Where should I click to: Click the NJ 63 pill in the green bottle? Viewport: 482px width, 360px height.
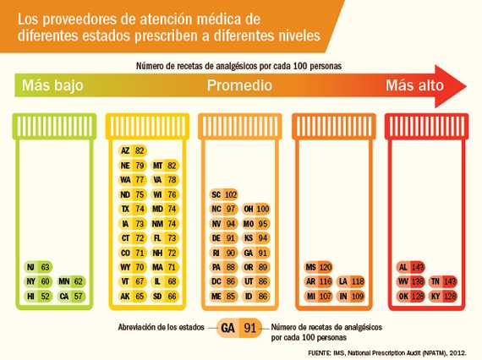pyautogui.click(x=39, y=267)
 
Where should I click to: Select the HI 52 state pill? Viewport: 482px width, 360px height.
pyautogui.click(x=39, y=297)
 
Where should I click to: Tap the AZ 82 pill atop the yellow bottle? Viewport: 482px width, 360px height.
pyautogui.click(x=133, y=150)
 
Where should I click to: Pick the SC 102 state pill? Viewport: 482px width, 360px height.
pyautogui.click(x=224, y=194)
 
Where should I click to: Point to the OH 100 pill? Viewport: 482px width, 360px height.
pyautogui.click(x=256, y=209)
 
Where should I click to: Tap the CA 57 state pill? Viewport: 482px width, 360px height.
pyautogui.click(x=71, y=297)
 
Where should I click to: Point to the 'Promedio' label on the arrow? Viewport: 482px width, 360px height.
pyautogui.click(x=239, y=85)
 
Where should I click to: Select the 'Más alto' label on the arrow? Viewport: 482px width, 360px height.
pyautogui.click(x=414, y=85)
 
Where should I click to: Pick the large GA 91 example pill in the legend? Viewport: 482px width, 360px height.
pyautogui.click(x=239, y=328)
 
